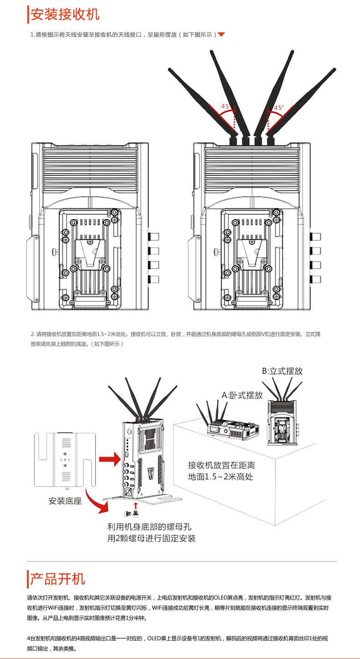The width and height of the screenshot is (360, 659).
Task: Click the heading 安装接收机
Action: [64, 15]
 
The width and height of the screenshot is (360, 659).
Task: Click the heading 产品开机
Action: [57, 579]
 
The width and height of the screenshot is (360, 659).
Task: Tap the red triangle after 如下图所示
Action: [221, 35]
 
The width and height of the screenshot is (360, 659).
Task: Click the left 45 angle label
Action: [225, 106]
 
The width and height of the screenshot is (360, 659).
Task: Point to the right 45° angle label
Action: [278, 108]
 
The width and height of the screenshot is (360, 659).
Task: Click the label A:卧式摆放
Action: [242, 395]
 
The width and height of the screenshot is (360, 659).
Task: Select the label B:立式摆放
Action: [282, 371]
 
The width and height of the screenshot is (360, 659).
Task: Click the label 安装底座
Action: [65, 501]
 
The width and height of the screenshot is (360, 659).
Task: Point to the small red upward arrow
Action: [135, 506]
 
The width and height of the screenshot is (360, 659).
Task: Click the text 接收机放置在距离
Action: [221, 465]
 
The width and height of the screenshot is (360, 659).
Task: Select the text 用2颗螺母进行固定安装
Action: [151, 539]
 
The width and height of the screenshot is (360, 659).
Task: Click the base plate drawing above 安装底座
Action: [65, 460]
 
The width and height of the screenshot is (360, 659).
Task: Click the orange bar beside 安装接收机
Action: [28, 15]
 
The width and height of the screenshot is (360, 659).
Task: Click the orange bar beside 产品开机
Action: [28, 579]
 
